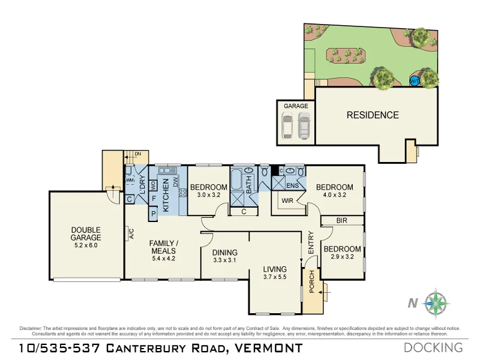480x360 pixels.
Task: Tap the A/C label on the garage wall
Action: (x=130, y=233)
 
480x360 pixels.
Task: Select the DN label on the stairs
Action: (x=137, y=154)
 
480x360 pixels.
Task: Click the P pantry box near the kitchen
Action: (x=153, y=212)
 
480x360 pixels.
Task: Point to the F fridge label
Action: (x=153, y=198)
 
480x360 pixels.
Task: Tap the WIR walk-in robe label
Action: (x=287, y=201)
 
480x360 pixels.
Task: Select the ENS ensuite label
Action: (x=292, y=185)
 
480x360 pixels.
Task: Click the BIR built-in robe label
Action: (x=341, y=221)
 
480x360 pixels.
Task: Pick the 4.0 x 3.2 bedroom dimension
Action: (x=334, y=195)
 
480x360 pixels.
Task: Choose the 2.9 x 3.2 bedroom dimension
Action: (x=342, y=257)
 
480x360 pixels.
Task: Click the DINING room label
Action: (x=225, y=253)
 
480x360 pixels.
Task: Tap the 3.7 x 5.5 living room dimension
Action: (x=275, y=277)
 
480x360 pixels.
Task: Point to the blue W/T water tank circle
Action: (x=414, y=81)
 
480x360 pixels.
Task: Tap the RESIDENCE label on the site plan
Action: (x=373, y=115)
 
